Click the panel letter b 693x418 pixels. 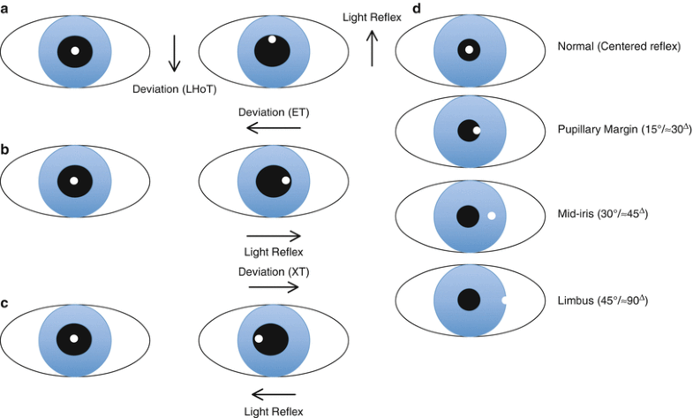tap(7, 150)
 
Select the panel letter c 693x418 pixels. tap(6, 302)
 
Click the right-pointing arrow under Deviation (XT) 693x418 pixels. tap(274, 287)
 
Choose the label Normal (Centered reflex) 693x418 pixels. tap(619, 46)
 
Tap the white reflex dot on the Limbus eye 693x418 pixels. tap(503, 300)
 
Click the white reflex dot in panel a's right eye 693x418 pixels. tap(273, 39)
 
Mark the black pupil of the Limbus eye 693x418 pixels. tap(468, 300)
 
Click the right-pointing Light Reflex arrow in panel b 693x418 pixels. tap(274, 236)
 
